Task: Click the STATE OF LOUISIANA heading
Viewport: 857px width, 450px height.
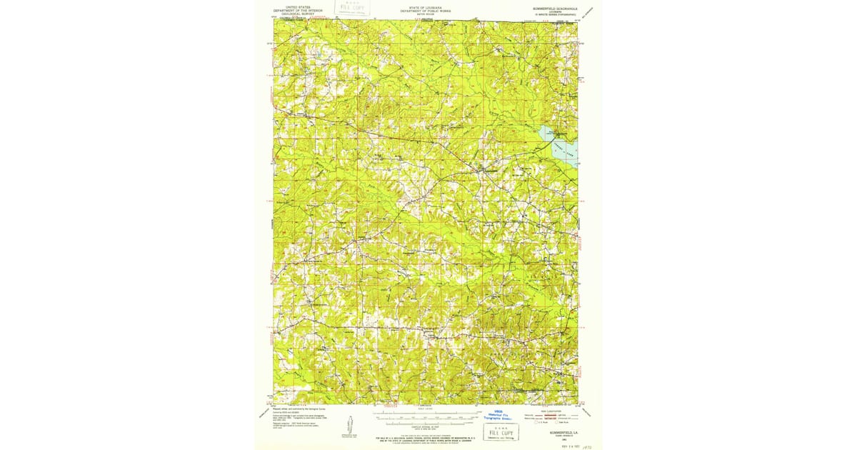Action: point(426,7)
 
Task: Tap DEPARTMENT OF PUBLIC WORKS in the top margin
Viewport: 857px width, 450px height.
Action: point(426,11)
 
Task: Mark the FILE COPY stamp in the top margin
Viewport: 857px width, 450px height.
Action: point(351,9)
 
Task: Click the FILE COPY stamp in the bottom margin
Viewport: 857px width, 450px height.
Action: point(501,431)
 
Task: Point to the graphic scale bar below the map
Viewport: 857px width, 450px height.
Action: point(426,414)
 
